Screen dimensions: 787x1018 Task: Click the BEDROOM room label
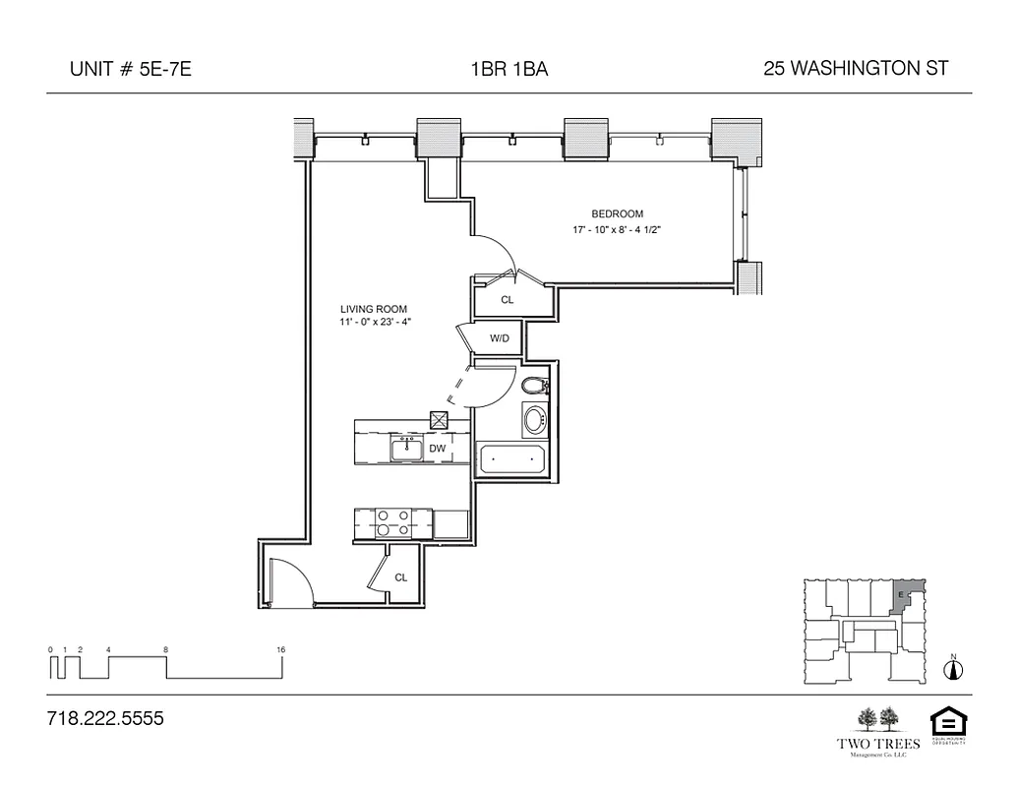pyautogui.click(x=617, y=214)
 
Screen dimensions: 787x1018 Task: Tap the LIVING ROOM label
pyautogui.click(x=373, y=309)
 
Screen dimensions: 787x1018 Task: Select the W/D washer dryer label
pyautogui.click(x=500, y=339)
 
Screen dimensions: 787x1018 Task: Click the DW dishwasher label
pyautogui.click(x=438, y=449)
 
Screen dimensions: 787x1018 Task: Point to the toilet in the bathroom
pyautogui.click(x=534, y=385)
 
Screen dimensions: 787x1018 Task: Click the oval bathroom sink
pyautogui.click(x=534, y=420)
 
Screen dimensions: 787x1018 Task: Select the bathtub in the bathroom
pyautogui.click(x=510, y=458)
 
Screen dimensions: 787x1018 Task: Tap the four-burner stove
pyautogui.click(x=392, y=522)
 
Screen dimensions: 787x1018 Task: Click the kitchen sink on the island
pyautogui.click(x=406, y=450)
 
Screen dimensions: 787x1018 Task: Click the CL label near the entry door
pyautogui.click(x=401, y=577)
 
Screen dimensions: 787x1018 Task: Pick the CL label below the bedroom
pyautogui.click(x=508, y=300)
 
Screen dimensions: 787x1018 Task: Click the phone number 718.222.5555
pyautogui.click(x=105, y=719)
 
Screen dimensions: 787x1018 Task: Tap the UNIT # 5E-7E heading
pyautogui.click(x=124, y=69)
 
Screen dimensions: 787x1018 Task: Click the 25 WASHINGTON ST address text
pyautogui.click(x=855, y=69)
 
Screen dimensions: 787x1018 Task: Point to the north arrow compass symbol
pyautogui.click(x=952, y=669)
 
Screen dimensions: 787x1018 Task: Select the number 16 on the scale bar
pyautogui.click(x=281, y=650)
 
